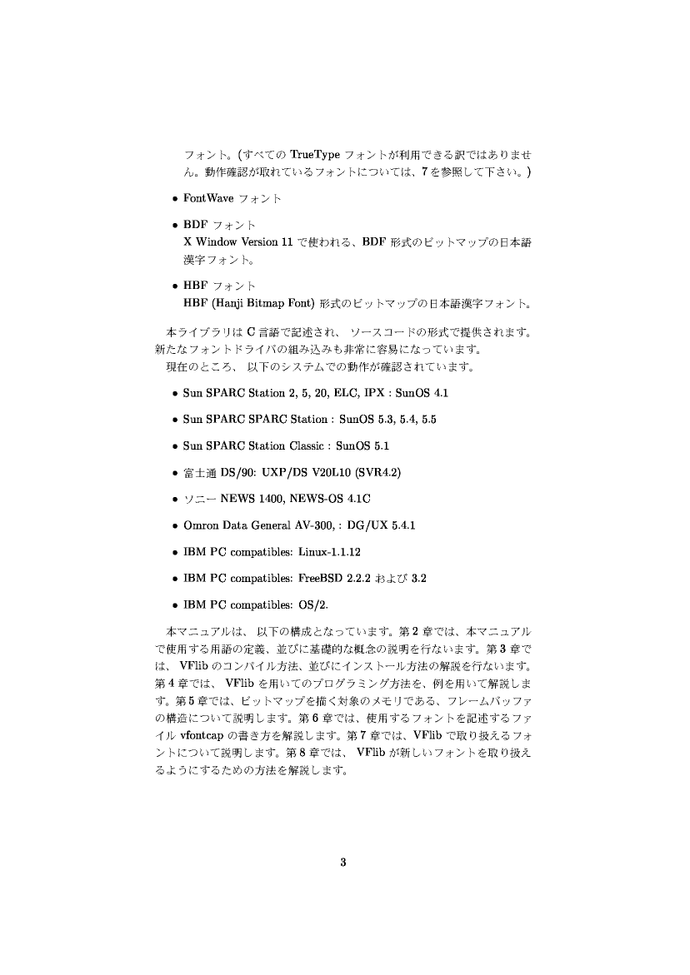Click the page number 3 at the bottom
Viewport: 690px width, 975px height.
pyautogui.click(x=343, y=862)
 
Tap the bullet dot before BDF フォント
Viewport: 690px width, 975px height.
pyautogui.click(x=173, y=226)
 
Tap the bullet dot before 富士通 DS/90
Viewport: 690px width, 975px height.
pyautogui.click(x=173, y=473)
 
